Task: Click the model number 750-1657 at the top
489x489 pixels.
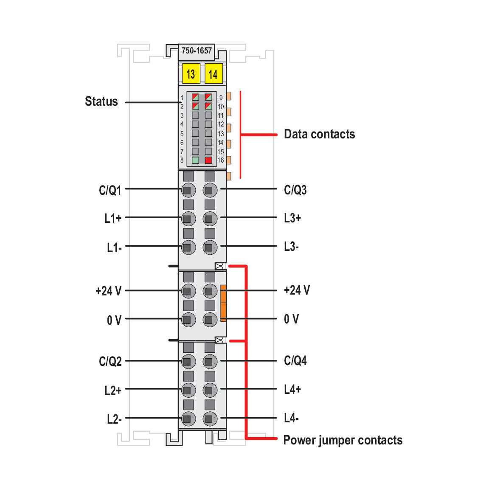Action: tap(197, 51)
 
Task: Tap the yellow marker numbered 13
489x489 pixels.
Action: tap(191, 73)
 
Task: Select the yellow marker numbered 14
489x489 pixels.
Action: tap(214, 73)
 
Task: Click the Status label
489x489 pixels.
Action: tap(101, 101)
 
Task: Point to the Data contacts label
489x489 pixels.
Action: tap(319, 134)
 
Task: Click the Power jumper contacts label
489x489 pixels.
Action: tap(343, 440)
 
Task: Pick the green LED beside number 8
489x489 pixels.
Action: tap(195, 160)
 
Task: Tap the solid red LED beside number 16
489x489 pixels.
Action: tap(208, 160)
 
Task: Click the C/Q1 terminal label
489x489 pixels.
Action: tap(110, 190)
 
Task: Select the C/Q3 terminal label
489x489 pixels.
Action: tap(295, 190)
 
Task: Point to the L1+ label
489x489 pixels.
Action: tap(112, 218)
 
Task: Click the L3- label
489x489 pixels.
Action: tap(291, 247)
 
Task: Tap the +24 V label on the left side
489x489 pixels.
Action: tap(108, 291)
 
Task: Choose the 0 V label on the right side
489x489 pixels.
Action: tap(291, 319)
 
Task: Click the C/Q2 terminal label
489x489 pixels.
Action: tap(110, 362)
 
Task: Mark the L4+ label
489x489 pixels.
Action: tap(292, 390)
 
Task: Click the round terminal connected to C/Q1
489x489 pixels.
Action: tap(188, 190)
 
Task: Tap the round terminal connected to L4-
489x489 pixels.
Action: tap(210, 419)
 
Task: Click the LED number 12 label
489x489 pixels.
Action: tap(221, 124)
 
